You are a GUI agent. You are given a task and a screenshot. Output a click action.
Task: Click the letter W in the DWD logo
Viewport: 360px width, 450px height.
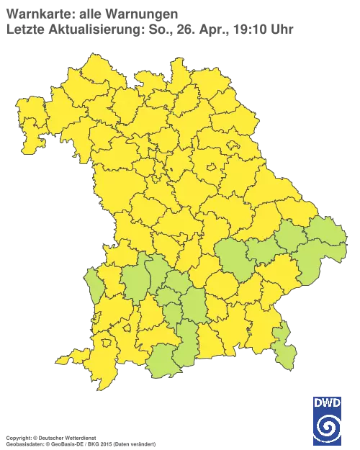click(x=327, y=403)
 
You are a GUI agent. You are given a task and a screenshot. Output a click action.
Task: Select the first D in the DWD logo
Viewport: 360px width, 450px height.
click(x=318, y=403)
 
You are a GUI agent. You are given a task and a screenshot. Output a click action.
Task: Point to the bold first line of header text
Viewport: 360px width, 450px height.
click(x=91, y=14)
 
